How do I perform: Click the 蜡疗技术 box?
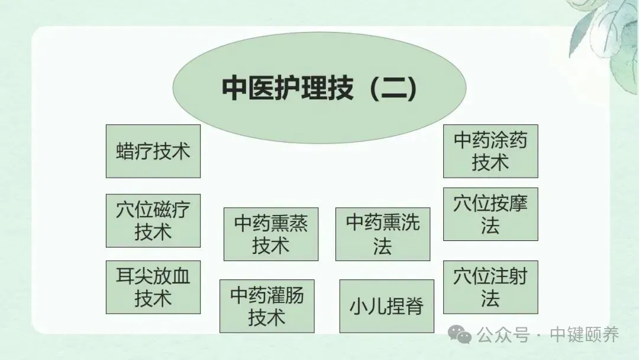click(x=153, y=151)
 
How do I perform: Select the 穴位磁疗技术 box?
click(x=153, y=220)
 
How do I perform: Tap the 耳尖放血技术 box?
click(x=153, y=287)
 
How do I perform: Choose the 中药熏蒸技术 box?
click(x=270, y=234)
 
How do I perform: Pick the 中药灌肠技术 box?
click(x=267, y=306)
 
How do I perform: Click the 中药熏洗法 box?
click(x=382, y=234)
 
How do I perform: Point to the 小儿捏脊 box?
click(x=386, y=306)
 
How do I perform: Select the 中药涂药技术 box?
click(x=490, y=151)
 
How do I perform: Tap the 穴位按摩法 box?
click(x=490, y=214)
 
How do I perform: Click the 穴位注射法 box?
click(x=490, y=287)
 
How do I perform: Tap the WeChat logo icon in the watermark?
click(x=460, y=335)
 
